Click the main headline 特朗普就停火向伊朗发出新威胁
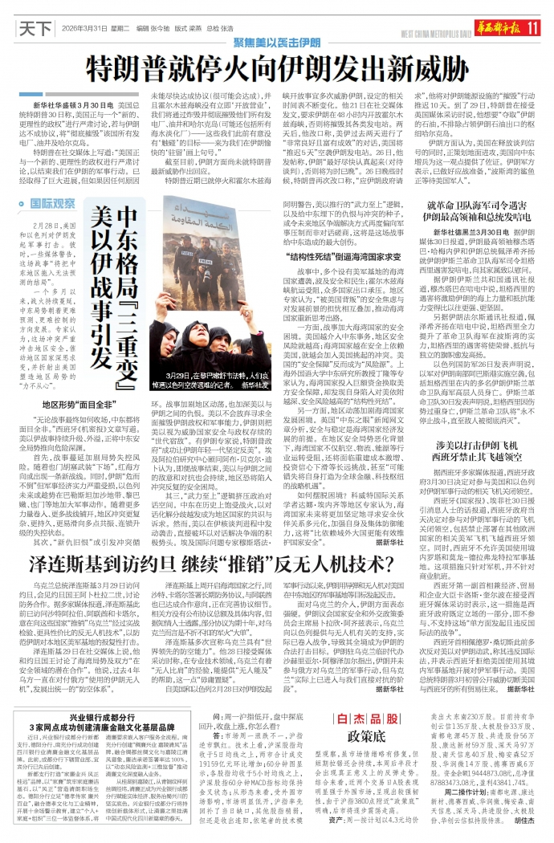pyautogui.click(x=277, y=62)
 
